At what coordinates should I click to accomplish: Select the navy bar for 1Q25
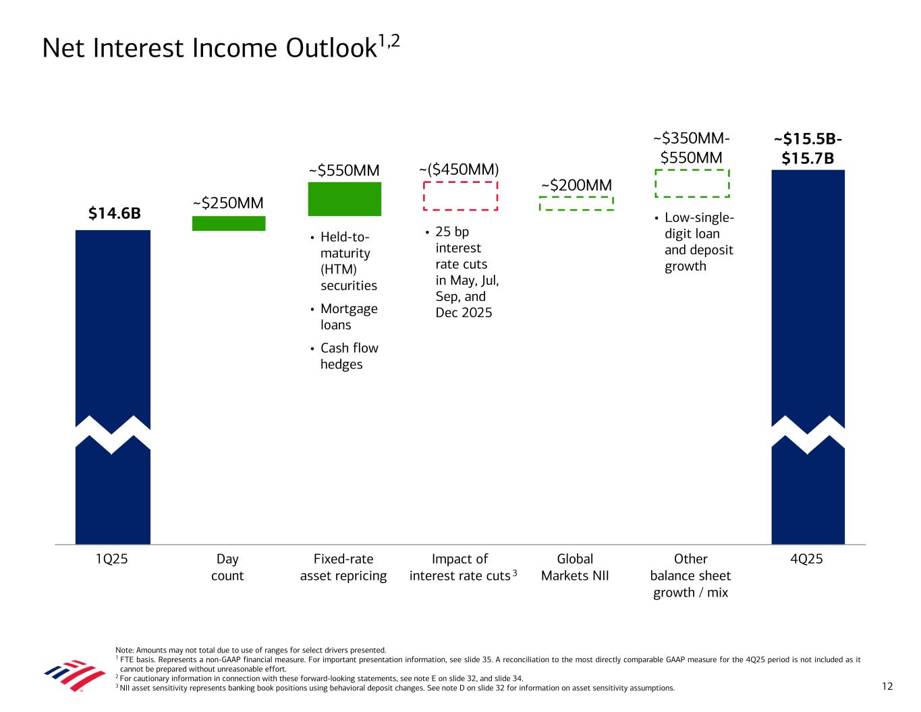coord(113,324)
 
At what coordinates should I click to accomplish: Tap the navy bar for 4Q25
coord(808,297)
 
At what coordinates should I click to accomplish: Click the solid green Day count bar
coord(229,223)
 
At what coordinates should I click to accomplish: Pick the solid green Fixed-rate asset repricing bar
coord(344,199)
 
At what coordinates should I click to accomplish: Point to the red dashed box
coord(460,196)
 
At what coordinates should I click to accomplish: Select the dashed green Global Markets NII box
coord(576,203)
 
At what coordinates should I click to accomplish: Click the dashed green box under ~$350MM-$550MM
coord(692,183)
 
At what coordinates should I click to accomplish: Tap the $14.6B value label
coord(115,214)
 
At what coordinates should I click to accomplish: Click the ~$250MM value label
coord(228,203)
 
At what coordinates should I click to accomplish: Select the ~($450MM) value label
coord(459,169)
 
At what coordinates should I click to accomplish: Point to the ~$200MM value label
coord(576,185)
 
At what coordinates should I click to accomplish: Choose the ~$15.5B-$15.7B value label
coord(808,148)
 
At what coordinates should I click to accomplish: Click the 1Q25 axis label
coord(112,559)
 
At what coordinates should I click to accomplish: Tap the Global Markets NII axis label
coord(575,567)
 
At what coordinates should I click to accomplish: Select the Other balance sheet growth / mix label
coord(690,576)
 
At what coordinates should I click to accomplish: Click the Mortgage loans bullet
coord(349,317)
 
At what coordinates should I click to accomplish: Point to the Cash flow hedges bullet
coord(349,356)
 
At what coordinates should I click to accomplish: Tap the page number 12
coord(887,686)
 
